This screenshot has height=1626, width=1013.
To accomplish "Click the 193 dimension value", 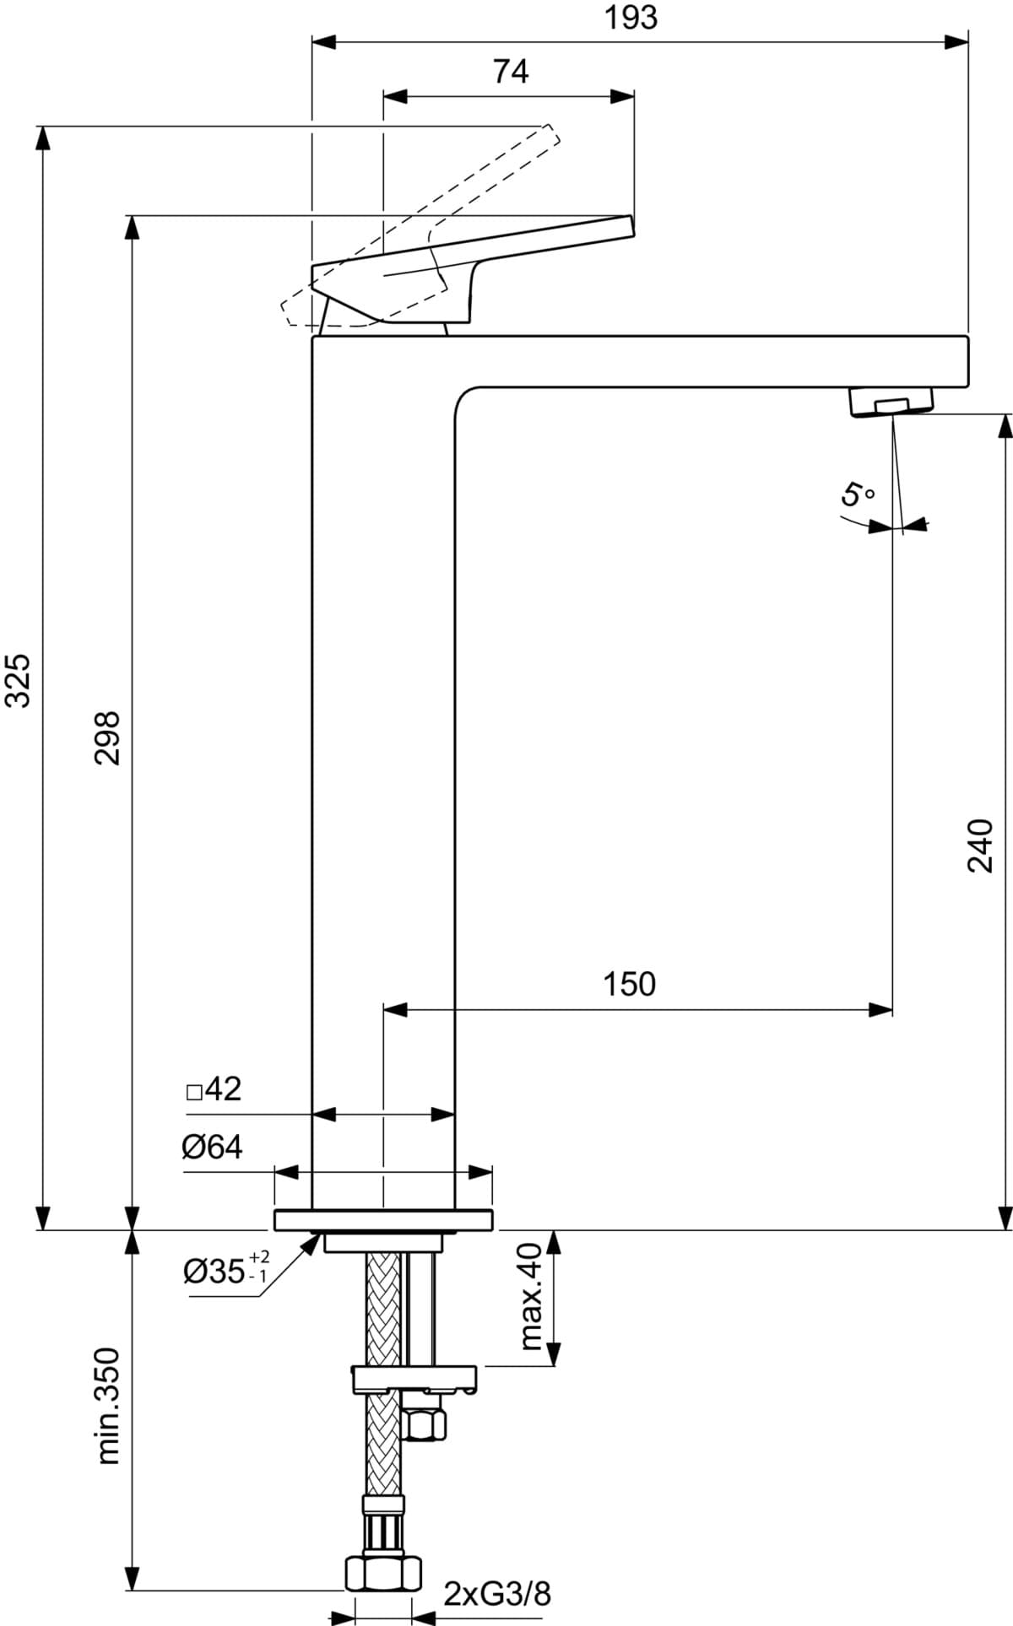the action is [x=631, y=18].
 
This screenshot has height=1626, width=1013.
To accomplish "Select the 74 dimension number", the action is [x=511, y=72].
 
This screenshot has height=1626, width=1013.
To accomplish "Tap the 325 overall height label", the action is [x=18, y=680].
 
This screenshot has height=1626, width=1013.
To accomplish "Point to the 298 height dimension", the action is [x=107, y=737].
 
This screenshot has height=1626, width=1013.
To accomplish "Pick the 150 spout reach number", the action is [x=629, y=984].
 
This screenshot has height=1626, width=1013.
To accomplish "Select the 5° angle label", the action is [x=858, y=493].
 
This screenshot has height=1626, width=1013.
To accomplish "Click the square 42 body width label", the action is [x=214, y=1089].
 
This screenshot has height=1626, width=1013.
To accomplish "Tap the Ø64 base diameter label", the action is [x=212, y=1147].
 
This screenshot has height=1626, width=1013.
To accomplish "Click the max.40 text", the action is [x=530, y=1296].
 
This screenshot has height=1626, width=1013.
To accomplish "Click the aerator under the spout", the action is [x=891, y=400].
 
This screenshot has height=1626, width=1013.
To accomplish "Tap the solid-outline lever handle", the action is [x=473, y=269].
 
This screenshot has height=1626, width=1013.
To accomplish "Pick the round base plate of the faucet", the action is [x=383, y=1220].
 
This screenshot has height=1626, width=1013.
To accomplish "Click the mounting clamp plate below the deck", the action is [x=414, y=1378].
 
